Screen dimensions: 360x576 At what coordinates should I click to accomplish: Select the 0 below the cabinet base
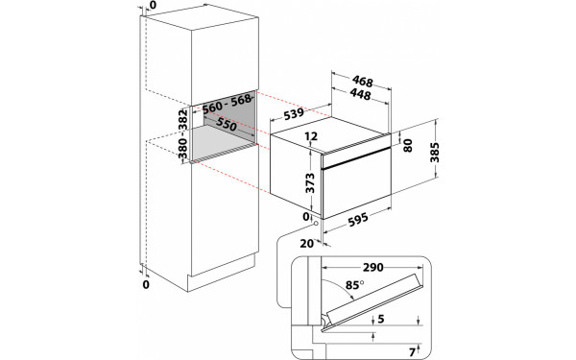pyautogui.click(x=146, y=285)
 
